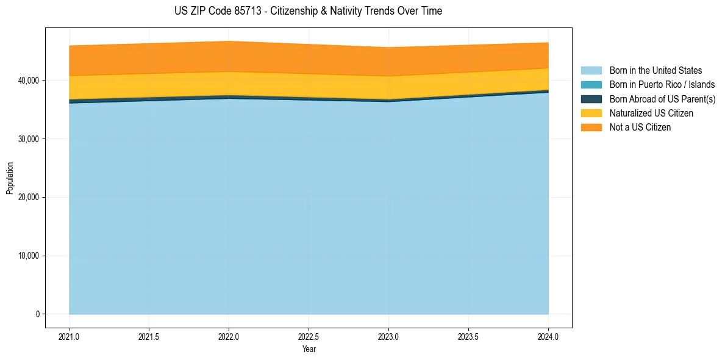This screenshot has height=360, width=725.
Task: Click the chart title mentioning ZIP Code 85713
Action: click(x=308, y=11)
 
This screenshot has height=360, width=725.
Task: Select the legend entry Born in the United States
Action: click(x=655, y=71)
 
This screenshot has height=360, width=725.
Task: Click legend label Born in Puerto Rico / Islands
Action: click(x=662, y=85)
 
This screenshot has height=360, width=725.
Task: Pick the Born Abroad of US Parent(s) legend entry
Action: click(x=662, y=99)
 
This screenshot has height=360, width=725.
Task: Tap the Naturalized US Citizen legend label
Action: click(x=651, y=113)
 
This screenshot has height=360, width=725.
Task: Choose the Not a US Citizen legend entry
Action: click(x=640, y=128)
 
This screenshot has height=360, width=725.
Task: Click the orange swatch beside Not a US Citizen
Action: click(x=591, y=128)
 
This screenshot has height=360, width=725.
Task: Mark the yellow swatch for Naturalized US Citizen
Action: click(x=591, y=113)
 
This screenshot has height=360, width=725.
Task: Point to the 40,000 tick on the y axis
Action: click(x=28, y=81)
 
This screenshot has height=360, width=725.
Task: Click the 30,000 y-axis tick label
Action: click(x=28, y=139)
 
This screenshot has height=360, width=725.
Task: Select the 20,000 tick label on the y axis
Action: click(x=28, y=198)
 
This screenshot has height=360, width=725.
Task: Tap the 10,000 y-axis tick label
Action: click(x=28, y=256)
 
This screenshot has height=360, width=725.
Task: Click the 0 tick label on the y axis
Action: click(x=37, y=314)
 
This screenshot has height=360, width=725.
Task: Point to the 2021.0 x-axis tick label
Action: click(x=70, y=336)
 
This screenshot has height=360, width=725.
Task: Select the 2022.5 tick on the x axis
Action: click(x=309, y=336)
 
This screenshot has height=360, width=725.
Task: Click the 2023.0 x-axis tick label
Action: click(x=388, y=336)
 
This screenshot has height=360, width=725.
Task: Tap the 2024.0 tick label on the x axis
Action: click(x=548, y=336)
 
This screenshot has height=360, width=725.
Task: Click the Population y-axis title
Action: click(x=10, y=178)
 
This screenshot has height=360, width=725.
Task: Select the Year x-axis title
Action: click(x=309, y=349)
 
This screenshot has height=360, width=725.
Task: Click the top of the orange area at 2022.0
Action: click(x=229, y=41)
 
